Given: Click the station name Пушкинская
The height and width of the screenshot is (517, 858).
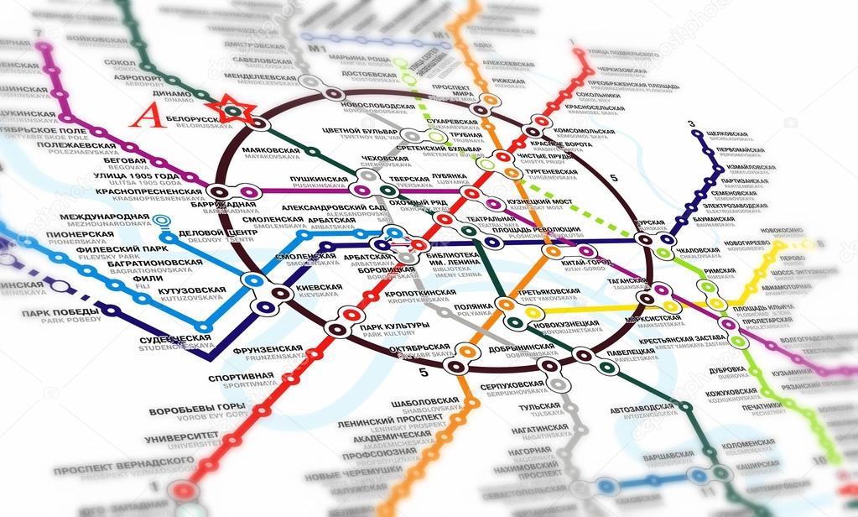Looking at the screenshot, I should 319,180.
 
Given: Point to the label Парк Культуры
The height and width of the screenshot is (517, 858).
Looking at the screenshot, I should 388,327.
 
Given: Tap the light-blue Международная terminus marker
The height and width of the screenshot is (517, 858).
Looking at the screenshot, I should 162,222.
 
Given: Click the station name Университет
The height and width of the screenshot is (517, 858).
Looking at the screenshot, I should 181,438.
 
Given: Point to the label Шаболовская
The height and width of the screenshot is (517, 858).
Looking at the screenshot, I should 424,401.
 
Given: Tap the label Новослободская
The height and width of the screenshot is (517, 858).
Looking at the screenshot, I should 378,107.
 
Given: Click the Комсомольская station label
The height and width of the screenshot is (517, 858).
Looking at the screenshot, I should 585,132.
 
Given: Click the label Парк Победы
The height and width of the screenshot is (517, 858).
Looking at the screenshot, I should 60,313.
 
